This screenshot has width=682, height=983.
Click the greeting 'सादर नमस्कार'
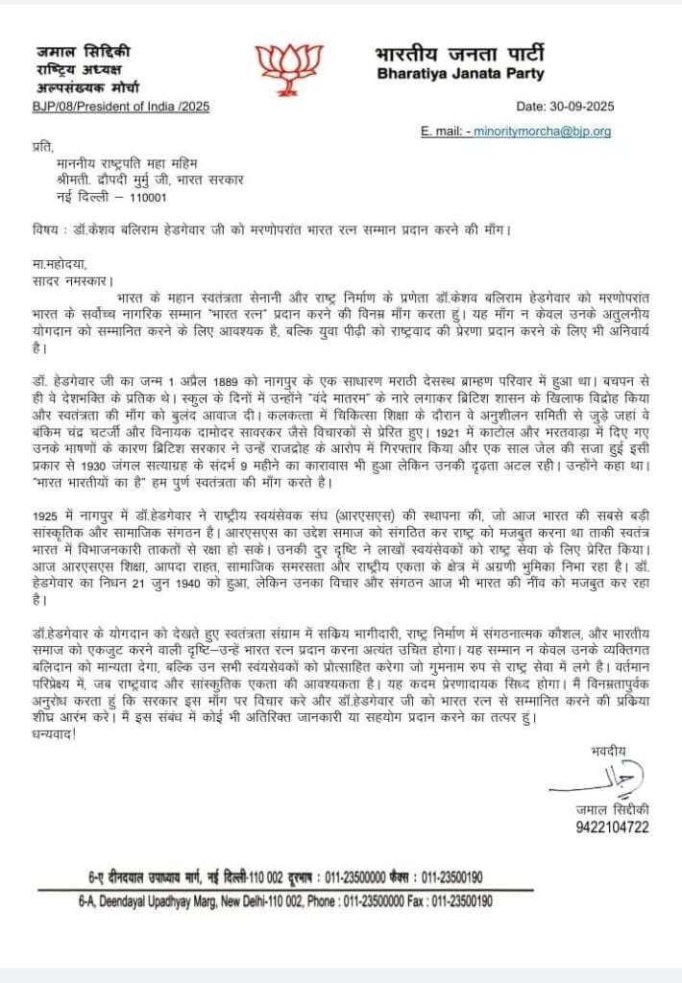pos(70,281)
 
